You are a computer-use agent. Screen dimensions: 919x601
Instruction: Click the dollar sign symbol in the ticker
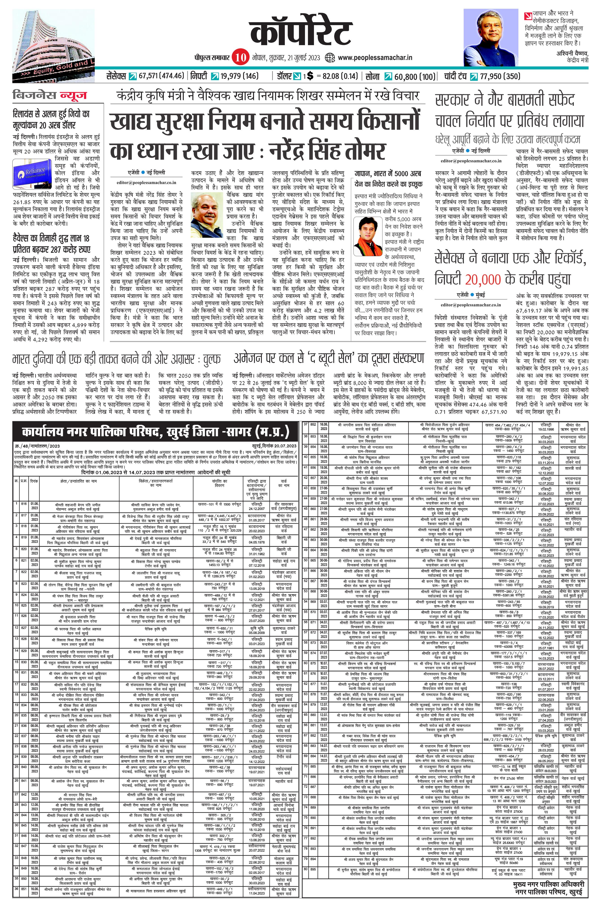(x=309, y=76)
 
